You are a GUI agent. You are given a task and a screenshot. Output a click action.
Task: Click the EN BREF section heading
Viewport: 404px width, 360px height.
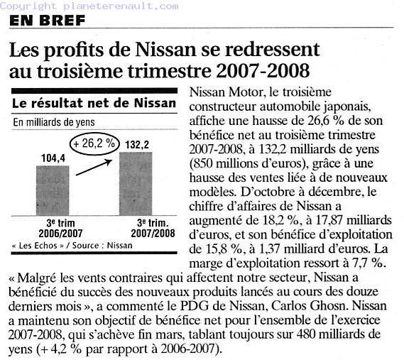47,20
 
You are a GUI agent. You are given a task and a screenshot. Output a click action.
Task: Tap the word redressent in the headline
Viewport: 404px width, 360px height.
273,50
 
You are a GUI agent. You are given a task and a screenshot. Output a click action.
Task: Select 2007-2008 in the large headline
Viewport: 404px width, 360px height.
263,71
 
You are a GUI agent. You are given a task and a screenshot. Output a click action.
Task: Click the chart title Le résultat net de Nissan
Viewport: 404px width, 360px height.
94,103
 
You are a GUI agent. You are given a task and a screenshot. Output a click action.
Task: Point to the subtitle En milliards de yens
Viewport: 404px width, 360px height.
54,122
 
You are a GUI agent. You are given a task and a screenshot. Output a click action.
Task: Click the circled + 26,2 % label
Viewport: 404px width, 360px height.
94,143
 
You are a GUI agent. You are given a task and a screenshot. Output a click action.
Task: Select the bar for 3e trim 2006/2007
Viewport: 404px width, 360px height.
53,191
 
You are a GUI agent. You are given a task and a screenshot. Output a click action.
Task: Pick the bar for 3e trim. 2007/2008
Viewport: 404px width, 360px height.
136,184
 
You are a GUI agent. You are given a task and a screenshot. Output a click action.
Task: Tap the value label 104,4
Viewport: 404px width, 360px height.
53,158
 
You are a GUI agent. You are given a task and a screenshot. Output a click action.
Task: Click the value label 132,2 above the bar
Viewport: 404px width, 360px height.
137,145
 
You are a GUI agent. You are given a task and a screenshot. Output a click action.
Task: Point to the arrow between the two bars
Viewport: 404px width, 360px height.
94,168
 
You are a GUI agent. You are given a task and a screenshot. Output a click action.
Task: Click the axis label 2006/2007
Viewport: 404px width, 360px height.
60,234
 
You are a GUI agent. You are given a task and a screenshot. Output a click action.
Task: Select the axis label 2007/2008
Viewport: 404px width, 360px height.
153,234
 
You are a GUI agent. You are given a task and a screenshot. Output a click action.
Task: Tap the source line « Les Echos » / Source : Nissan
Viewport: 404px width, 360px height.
72,246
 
